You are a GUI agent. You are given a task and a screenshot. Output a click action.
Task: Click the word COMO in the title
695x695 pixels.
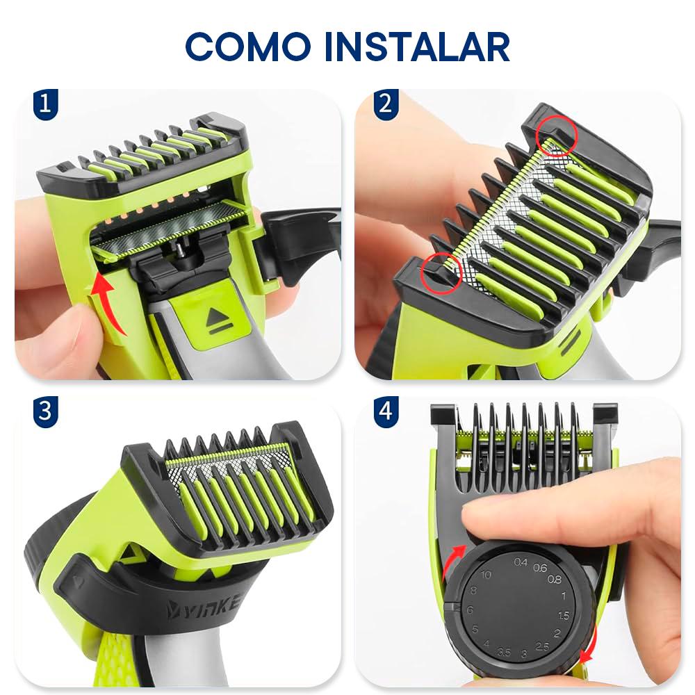point(248,47)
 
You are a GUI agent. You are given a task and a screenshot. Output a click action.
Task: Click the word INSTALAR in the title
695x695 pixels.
point(417,47)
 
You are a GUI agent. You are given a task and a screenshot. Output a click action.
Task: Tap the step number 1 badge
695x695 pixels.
point(45,104)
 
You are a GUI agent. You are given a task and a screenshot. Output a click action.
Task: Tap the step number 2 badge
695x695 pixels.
point(386,104)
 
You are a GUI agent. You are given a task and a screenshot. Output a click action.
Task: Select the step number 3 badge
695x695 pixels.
point(45,411)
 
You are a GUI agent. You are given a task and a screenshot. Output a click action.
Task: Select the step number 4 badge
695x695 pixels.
point(386,411)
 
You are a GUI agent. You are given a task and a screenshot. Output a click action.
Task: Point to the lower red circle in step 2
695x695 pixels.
point(441,272)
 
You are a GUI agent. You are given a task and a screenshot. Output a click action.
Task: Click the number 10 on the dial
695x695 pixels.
point(486,575)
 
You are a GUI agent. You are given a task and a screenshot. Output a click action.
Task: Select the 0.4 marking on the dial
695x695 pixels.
point(521,562)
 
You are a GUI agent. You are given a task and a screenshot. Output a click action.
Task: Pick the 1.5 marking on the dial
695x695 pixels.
point(564,615)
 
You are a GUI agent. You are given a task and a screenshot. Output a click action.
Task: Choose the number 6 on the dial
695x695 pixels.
point(470,610)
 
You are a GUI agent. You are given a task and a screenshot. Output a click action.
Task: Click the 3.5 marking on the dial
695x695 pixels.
point(504,652)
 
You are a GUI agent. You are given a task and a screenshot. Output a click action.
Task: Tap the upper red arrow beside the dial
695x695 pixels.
point(454,562)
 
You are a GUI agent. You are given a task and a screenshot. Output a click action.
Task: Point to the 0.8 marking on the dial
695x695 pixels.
point(555,580)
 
